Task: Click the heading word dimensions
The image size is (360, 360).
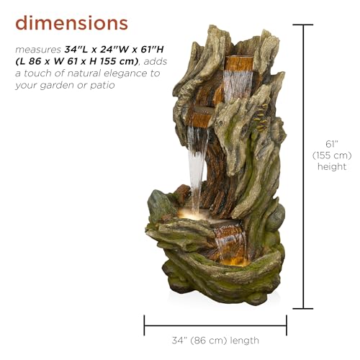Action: tap(71, 23)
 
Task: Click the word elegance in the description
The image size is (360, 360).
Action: tap(125, 73)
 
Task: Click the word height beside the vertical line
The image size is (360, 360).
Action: tap(332, 167)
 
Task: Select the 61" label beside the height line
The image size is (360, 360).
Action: tap(332, 144)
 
